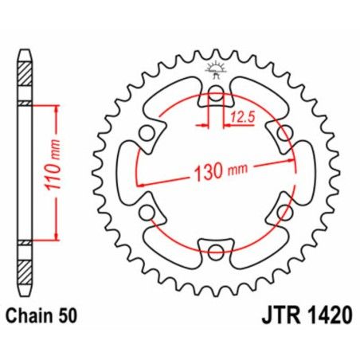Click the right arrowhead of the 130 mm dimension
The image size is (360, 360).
(x=291, y=156)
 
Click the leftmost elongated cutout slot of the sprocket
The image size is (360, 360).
(x=127, y=174)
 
